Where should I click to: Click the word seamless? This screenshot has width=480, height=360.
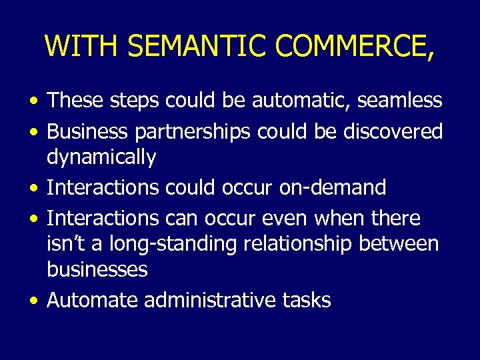point(400,101)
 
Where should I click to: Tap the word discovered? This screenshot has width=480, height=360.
point(393,132)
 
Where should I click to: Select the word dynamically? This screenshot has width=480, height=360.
point(101,158)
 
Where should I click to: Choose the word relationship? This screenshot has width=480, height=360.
point(300,244)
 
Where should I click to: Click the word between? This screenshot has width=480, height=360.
point(399,244)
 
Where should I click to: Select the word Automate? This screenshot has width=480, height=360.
point(93,301)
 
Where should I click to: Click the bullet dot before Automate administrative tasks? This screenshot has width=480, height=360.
point(33,301)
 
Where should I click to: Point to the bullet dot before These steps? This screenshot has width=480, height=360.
point(33,101)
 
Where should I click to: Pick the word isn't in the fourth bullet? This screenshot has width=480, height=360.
point(63,244)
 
